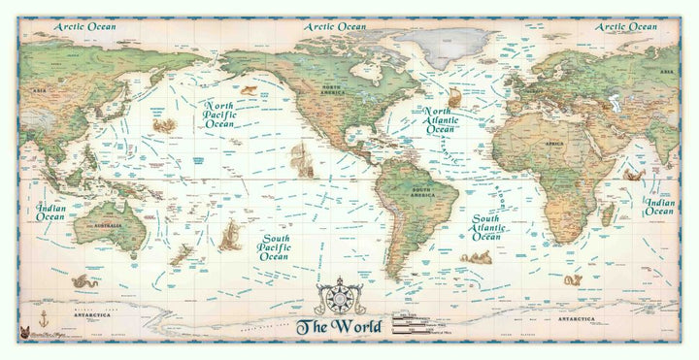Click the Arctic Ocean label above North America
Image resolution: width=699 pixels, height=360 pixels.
[x=335, y=27]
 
